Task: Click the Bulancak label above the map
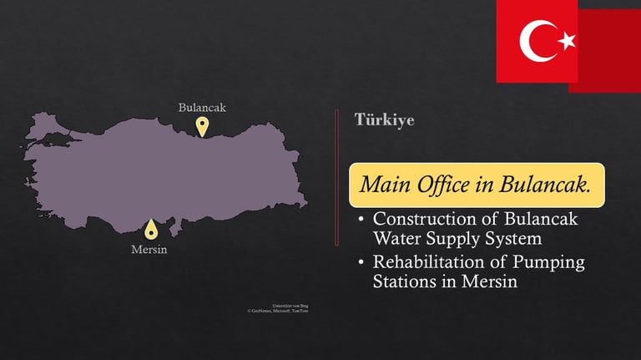[x=202, y=108]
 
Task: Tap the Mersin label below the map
[x=149, y=249]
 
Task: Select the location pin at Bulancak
[x=202, y=124]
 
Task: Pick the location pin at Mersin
[x=150, y=228]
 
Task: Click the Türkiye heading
[x=385, y=119]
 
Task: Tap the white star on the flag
[x=567, y=39]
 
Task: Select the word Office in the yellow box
[x=442, y=185]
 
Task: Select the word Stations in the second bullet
[x=404, y=281]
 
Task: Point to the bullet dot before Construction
[x=360, y=220]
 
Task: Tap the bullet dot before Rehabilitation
[x=360, y=263]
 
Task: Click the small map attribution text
[x=278, y=309]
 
